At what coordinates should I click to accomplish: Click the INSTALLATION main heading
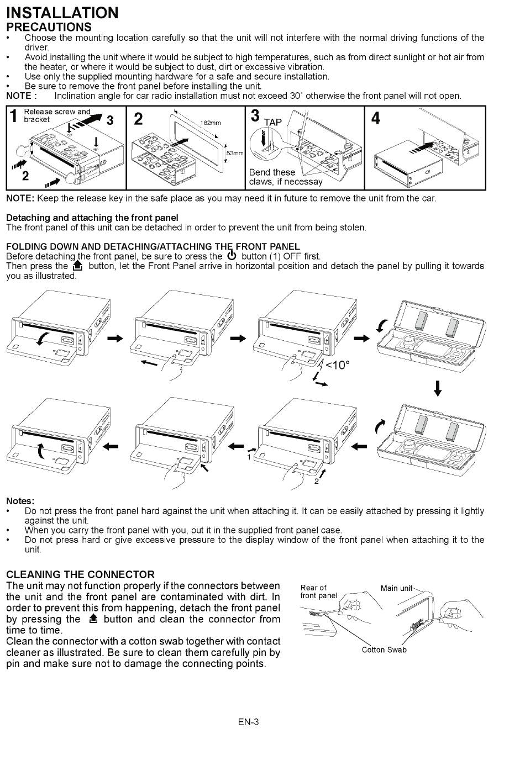point(62,13)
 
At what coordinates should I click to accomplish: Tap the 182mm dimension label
point(210,123)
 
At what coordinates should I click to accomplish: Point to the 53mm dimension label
point(235,153)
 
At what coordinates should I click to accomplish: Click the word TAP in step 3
point(273,122)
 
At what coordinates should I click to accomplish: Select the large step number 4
point(375,118)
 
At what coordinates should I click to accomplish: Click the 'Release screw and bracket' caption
point(57,115)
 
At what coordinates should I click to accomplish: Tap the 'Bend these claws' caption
point(285,177)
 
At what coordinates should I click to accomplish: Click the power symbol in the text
point(232,256)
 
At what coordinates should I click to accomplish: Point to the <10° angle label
point(338,365)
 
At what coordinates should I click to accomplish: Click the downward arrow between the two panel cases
point(437,388)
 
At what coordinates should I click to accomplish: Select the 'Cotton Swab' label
point(384,649)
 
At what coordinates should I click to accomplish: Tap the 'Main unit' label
point(396,588)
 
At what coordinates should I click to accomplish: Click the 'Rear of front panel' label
point(319,591)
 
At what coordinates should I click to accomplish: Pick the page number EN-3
point(249,722)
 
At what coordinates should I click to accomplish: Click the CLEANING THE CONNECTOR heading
point(81,574)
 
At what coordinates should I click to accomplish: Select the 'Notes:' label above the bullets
point(20,501)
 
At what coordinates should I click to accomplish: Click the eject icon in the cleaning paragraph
point(93,619)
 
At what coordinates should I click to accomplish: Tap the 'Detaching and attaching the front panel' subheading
point(92,218)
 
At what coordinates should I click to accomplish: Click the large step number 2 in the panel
point(138,119)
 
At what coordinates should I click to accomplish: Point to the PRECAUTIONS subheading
point(49,27)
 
